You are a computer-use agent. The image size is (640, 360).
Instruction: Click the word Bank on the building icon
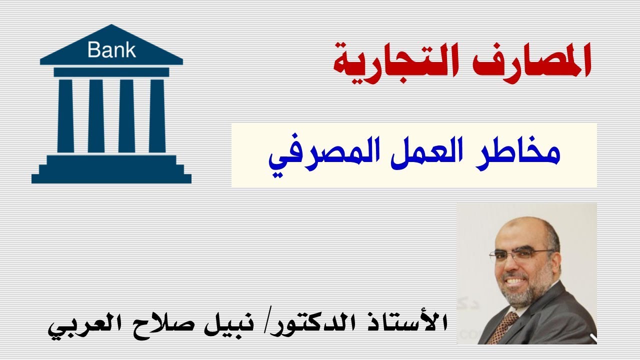click(x=111, y=50)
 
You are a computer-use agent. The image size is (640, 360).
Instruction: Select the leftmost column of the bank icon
click(x=65, y=115)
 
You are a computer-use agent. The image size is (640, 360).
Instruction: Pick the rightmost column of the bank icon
click(x=157, y=115)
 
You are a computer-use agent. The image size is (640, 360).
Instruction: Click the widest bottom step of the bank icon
click(x=111, y=178)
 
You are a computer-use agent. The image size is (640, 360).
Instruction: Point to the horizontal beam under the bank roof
click(x=111, y=72)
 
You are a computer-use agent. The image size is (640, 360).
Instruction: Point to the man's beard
click(x=525, y=292)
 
